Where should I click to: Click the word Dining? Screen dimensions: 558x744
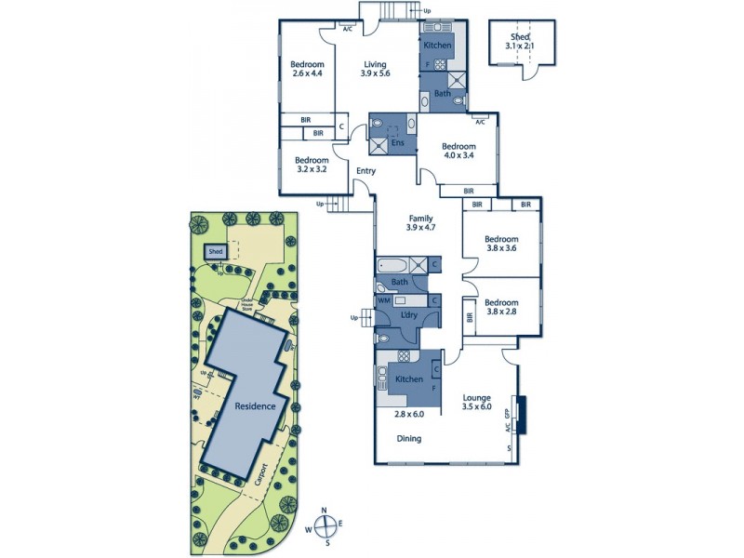coord(409,438)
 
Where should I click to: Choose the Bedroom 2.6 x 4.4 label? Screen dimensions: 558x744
coord(307,69)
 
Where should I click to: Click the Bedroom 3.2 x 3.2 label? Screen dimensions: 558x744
coord(312,165)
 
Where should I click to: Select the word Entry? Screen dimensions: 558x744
coord(365,170)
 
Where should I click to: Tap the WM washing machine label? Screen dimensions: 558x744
coord(383,300)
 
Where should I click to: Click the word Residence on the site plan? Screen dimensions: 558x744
coord(254,406)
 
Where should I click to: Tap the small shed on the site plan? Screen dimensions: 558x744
coord(216,251)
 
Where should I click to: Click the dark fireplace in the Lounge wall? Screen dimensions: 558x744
coord(522,415)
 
